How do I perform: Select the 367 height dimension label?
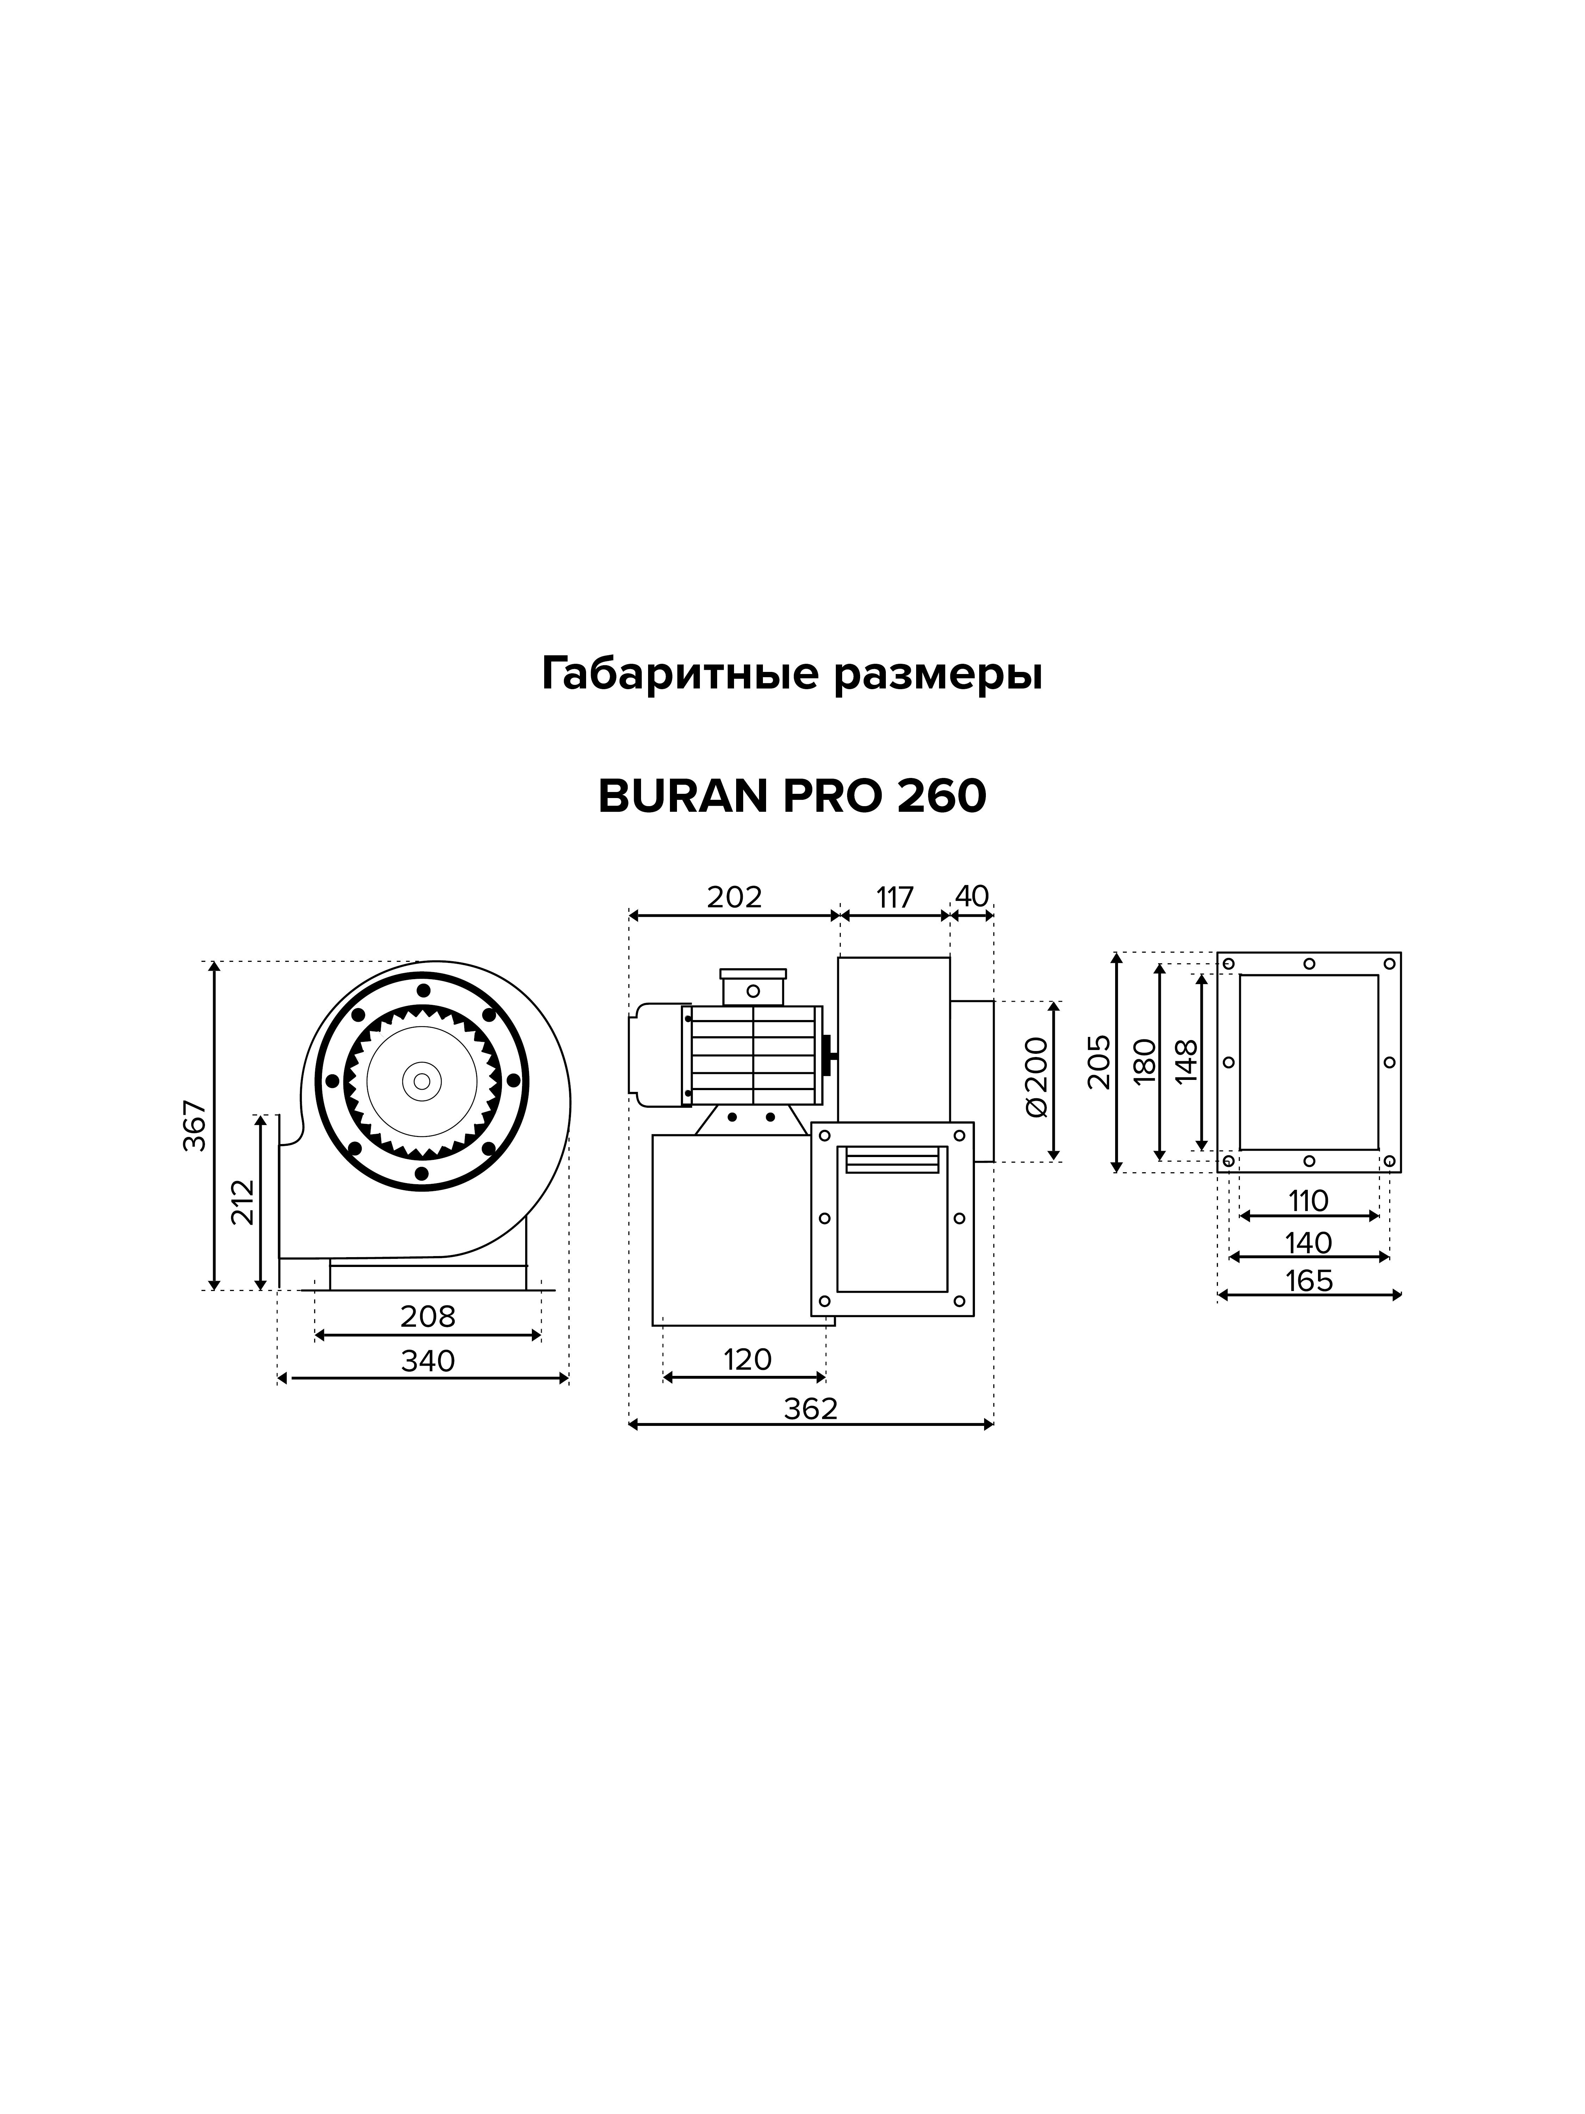coord(195,1126)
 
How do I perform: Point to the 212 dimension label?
coord(244,1202)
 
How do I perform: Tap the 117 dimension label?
coord(895,897)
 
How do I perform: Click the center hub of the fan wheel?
coord(421,1081)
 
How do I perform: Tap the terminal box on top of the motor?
coord(753,987)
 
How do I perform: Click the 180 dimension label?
coord(1145,1061)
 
